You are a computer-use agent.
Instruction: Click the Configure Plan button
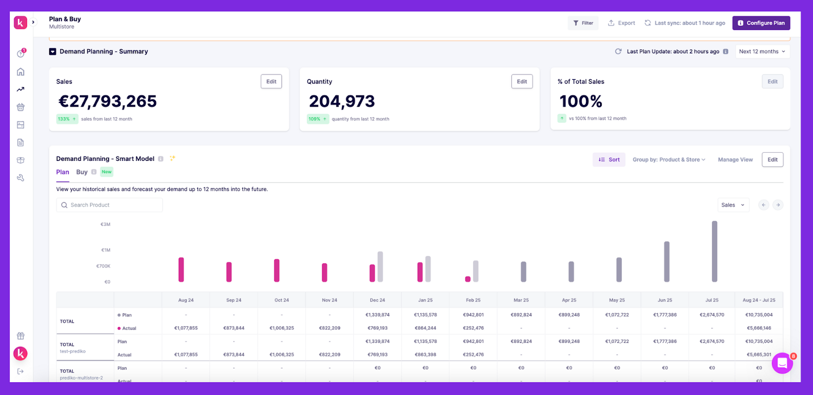(761, 23)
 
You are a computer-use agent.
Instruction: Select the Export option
(621, 23)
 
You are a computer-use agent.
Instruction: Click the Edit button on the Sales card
(271, 81)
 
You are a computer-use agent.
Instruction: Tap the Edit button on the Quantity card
(522, 81)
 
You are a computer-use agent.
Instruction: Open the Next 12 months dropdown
(762, 51)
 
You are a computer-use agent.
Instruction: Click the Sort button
(609, 159)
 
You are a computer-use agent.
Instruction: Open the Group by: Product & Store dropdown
(669, 159)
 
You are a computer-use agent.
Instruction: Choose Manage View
(735, 159)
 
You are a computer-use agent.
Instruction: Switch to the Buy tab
(82, 172)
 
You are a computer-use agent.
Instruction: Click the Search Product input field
(109, 205)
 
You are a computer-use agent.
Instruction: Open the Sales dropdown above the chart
(733, 205)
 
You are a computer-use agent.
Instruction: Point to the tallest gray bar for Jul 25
(714, 251)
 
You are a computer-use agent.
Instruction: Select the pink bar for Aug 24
(181, 270)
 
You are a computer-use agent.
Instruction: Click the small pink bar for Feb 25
(467, 279)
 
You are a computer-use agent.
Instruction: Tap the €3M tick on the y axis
(105, 224)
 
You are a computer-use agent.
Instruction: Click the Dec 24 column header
(377, 300)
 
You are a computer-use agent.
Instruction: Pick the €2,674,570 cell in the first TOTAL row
(711, 315)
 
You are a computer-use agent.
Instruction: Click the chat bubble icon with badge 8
(782, 363)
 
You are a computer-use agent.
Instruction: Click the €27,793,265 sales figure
(108, 102)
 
